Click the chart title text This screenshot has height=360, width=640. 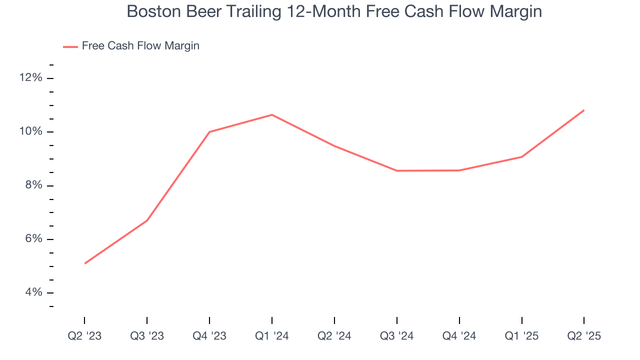point(334,11)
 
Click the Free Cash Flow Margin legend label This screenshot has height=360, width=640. point(140,46)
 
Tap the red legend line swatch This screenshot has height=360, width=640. point(70,46)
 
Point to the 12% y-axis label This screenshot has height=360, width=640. point(31,78)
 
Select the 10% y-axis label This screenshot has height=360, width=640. point(31,132)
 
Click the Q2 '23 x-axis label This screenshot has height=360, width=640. point(84,336)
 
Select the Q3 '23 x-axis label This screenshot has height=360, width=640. point(147,336)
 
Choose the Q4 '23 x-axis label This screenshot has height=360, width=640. point(209,336)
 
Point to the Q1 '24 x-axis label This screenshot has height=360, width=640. point(271,336)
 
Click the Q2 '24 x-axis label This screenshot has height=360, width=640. point(334,336)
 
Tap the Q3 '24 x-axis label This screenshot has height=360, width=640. point(396,336)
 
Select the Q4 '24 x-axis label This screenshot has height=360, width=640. point(459,336)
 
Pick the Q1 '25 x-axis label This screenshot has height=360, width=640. point(521,336)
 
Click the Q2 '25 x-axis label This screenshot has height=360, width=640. point(583,336)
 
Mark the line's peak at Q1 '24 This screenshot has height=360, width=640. point(271,115)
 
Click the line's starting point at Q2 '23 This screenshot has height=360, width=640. point(85,263)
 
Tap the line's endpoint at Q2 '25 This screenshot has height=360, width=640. point(583,110)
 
